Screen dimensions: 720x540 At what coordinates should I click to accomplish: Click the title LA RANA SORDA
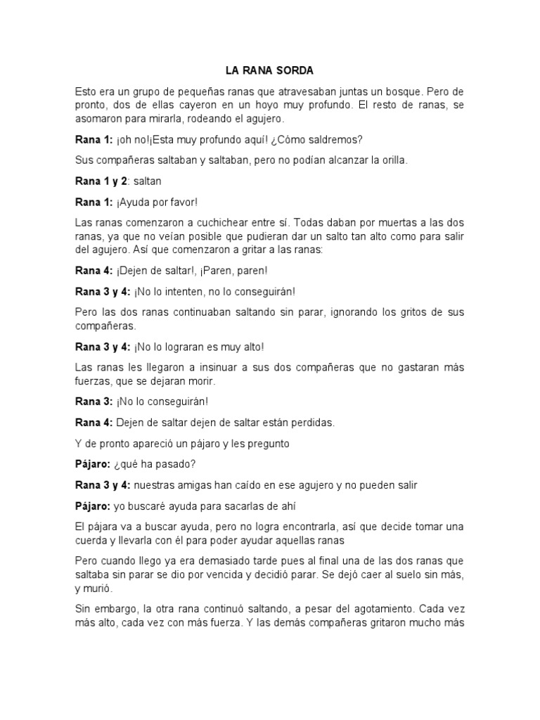(269, 71)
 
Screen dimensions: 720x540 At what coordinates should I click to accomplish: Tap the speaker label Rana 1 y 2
(101, 181)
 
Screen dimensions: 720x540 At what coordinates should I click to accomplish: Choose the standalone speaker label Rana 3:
(94, 401)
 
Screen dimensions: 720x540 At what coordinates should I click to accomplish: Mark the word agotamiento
(356, 610)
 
